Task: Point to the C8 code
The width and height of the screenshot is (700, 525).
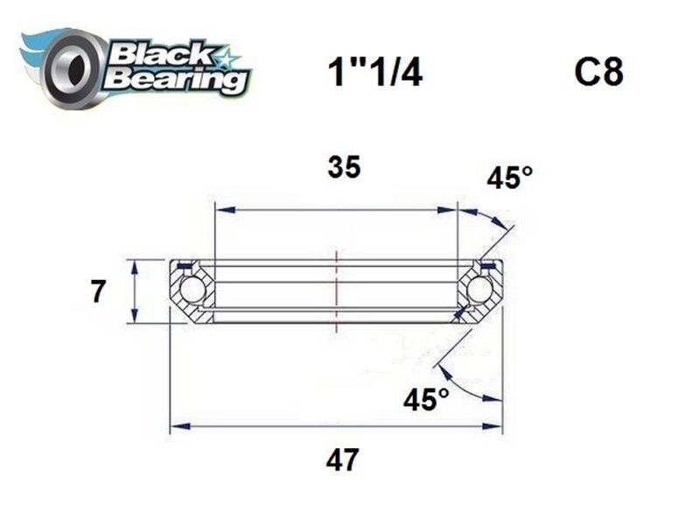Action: (x=598, y=73)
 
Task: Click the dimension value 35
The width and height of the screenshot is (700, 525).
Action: (x=344, y=167)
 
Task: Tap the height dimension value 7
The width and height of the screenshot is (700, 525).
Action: (x=100, y=291)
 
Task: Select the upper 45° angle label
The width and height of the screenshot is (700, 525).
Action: (x=510, y=179)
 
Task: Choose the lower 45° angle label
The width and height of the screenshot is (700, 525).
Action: (x=426, y=400)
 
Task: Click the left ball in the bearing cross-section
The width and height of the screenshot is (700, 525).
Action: (x=192, y=290)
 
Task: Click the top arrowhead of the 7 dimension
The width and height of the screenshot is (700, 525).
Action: (x=134, y=265)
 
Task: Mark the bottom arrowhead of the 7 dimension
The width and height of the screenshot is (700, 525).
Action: (x=134, y=317)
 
